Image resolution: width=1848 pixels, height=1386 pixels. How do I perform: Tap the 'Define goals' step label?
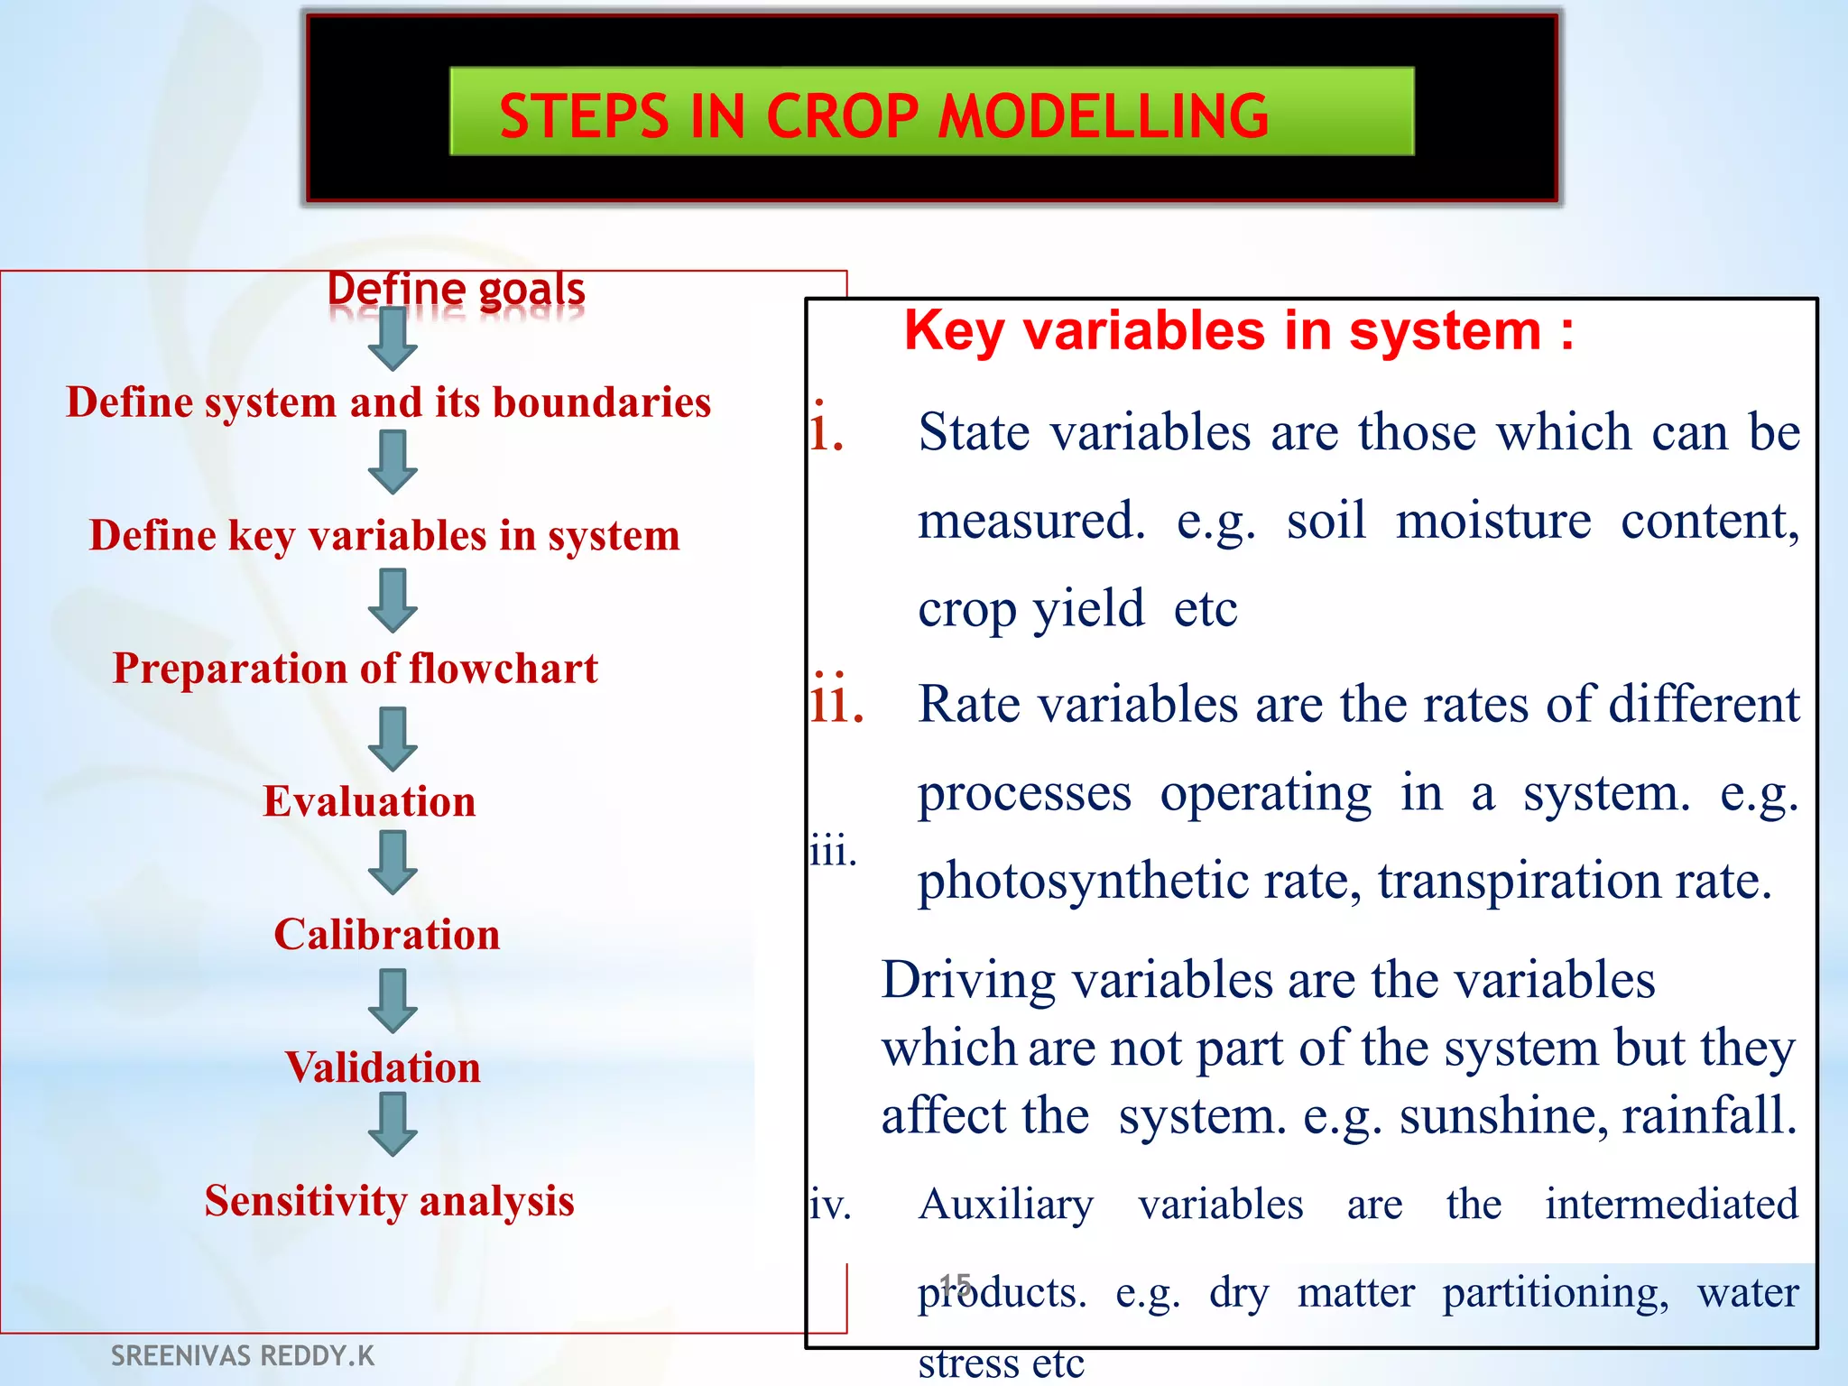(x=456, y=290)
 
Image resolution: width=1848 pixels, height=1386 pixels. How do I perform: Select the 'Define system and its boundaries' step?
(x=389, y=402)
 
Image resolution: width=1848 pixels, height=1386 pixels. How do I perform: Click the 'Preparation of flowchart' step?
(x=355, y=669)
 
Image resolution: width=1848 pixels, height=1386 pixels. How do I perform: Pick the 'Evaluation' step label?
(x=369, y=801)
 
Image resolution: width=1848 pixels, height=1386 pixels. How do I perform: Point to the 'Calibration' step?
(x=387, y=934)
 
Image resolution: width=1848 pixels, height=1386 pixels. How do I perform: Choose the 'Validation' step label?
(x=383, y=1067)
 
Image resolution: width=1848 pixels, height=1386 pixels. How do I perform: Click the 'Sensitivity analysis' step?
(x=389, y=1201)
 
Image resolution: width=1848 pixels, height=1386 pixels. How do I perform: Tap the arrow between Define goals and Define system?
(x=393, y=339)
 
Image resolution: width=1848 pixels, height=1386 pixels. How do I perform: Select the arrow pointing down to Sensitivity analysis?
(x=393, y=1124)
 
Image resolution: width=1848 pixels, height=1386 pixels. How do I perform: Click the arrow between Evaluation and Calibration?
(x=393, y=863)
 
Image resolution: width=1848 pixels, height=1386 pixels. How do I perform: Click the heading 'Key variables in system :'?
(x=1239, y=331)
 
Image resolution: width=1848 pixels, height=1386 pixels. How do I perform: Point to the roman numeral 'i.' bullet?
(x=826, y=430)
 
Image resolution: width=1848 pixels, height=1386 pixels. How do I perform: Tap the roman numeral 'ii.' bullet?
(x=836, y=702)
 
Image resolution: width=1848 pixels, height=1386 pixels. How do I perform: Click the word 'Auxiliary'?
(x=1005, y=1205)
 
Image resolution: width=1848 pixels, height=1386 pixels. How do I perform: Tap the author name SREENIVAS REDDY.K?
(x=242, y=1355)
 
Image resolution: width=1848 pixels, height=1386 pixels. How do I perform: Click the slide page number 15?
(x=955, y=1283)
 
